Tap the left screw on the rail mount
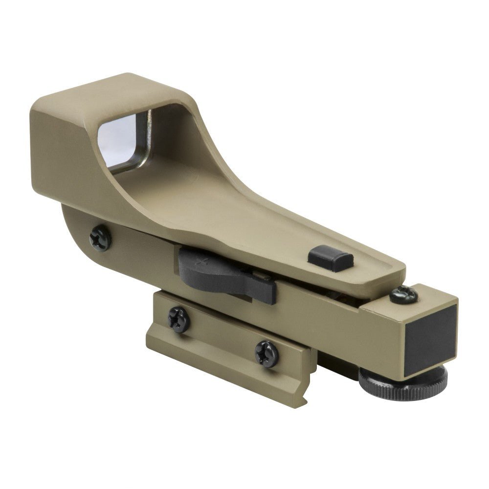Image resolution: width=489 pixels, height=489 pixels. (179, 319)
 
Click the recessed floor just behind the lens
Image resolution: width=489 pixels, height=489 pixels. (186, 186)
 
